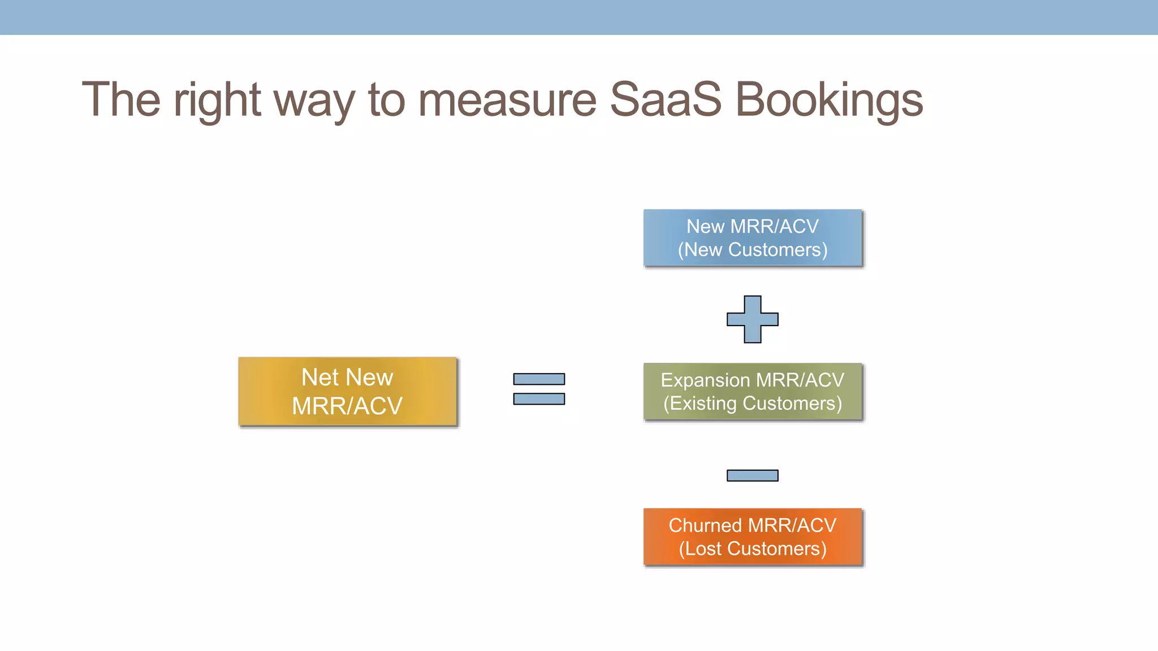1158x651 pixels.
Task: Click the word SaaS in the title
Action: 666,99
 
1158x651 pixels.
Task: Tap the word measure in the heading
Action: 507,101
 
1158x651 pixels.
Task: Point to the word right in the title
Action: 217,101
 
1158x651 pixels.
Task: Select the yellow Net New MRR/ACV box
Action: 347,391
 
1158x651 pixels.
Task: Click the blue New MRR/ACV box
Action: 752,237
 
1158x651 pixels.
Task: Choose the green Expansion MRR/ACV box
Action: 752,391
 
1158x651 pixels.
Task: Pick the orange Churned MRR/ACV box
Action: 752,536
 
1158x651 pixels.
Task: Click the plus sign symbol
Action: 752,319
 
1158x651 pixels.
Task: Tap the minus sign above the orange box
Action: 752,475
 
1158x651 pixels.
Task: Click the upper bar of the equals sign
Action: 538,379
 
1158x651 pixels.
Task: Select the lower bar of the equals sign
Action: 538,399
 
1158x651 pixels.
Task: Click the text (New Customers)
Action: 752,250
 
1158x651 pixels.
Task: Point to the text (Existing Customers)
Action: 752,403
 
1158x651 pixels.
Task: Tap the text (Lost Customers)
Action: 752,549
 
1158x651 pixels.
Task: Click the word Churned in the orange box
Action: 705,525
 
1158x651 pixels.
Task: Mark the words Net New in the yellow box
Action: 347,377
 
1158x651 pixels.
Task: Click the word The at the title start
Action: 121,99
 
